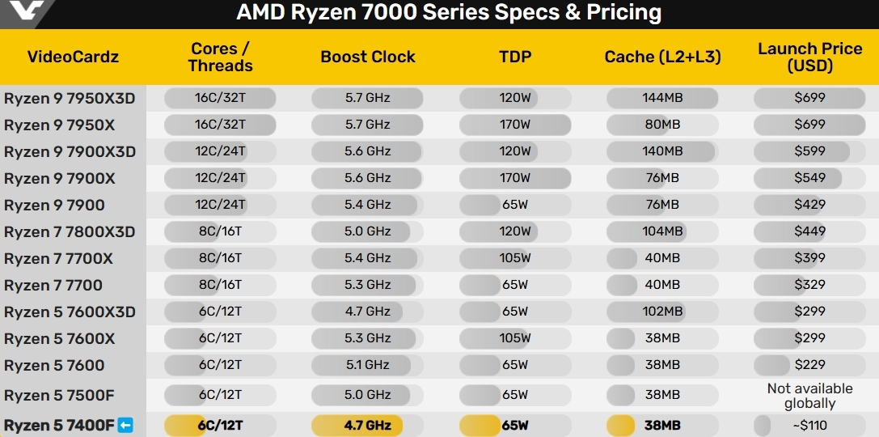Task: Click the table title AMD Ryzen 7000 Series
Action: [449, 13]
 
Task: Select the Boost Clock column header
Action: [367, 57]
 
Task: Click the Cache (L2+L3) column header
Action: [662, 57]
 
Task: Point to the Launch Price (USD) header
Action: [809, 57]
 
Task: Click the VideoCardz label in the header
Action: [73, 57]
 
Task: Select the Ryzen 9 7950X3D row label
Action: [70, 99]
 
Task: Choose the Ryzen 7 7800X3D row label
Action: [70, 232]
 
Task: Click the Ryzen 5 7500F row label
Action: [56, 395]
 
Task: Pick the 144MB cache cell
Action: [662, 98]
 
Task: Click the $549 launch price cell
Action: [809, 178]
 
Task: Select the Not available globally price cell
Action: [809, 396]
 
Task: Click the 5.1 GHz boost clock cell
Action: [367, 365]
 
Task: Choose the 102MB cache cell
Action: [662, 312]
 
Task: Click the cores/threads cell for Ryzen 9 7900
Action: [219, 205]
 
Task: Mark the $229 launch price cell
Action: [809, 365]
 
